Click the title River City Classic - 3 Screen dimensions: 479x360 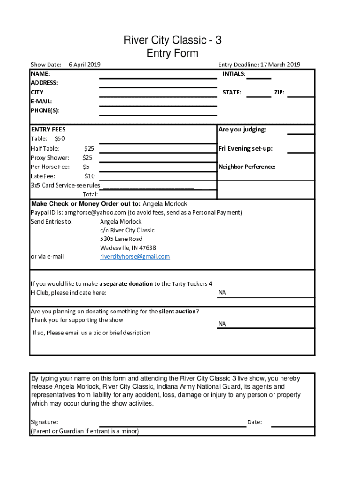click(173, 41)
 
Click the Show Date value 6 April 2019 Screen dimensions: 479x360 click(84, 65)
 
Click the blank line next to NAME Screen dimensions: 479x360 click(158, 75)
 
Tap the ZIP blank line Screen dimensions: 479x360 click(301, 94)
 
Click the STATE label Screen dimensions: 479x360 click(232, 92)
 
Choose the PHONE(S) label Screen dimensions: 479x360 click(45, 111)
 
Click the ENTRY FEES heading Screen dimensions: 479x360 click(48, 130)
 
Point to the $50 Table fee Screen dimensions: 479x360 click(60, 138)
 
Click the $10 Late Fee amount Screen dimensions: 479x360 click(90, 176)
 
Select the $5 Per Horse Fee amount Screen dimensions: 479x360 click(86, 167)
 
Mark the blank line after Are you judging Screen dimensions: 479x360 click(301, 131)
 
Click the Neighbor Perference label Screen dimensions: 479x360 click(247, 167)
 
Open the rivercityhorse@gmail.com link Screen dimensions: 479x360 click(135, 257)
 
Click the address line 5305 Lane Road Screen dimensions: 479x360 click(121, 239)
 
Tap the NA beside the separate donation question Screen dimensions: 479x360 click(222, 293)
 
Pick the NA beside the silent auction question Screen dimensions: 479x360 click(222, 324)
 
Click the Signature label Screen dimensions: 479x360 click(44, 422)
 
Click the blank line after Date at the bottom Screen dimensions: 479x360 click(292, 423)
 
